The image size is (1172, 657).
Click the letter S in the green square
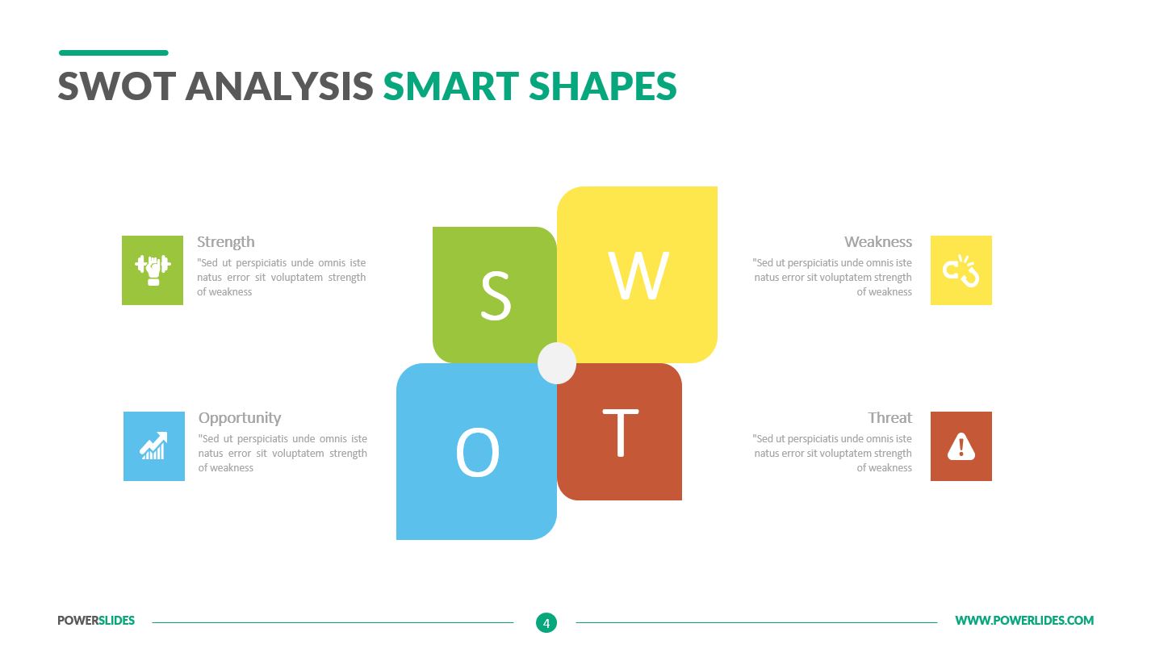496,296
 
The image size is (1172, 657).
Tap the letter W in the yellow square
638,276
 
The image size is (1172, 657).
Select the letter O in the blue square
477,452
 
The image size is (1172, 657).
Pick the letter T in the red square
620,433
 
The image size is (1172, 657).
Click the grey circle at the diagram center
557,363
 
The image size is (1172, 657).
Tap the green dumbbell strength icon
153,270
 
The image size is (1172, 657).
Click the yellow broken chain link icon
961,270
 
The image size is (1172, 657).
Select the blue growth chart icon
153,446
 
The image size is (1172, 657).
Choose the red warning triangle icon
961,446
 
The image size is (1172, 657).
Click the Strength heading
225,242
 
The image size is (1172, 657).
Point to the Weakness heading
877,242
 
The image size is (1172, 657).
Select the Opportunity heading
240,418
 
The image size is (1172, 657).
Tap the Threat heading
889,418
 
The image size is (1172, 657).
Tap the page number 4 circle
546,622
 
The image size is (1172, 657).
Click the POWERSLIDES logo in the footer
96,621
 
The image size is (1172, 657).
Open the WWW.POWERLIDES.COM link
1024,621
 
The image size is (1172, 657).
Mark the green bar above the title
114,53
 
